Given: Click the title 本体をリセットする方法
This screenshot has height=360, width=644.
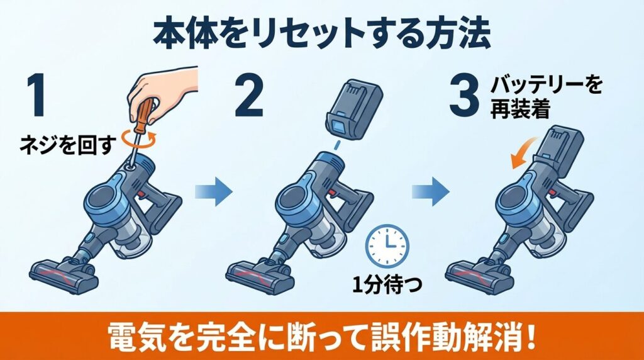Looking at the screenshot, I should (x=321, y=35).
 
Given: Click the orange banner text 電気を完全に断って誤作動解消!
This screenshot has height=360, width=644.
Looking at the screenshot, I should (x=321, y=336).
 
